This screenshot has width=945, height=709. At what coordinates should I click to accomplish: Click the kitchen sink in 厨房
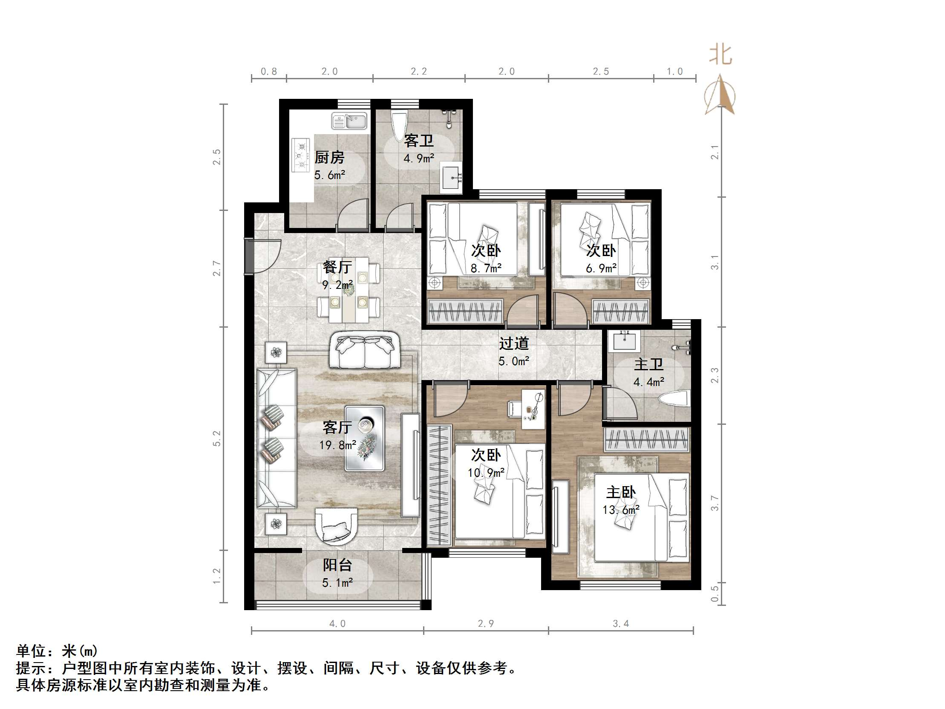click(x=349, y=121)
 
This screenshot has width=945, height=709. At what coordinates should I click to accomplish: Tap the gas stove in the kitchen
click(x=301, y=155)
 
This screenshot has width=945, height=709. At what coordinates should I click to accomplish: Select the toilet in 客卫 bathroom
click(x=399, y=124)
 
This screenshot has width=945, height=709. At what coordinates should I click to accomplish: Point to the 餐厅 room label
click(x=337, y=267)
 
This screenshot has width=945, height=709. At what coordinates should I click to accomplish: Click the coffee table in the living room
click(x=364, y=438)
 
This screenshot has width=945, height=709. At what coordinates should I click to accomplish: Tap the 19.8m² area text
click(x=337, y=445)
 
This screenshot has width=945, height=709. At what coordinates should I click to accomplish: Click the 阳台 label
click(x=337, y=565)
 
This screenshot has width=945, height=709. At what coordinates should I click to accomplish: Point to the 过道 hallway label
click(x=514, y=343)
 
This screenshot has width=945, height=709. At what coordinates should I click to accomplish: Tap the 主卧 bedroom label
click(x=621, y=492)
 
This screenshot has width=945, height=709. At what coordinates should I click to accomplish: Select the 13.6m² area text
click(x=621, y=510)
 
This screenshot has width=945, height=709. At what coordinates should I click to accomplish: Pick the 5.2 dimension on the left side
click(x=217, y=438)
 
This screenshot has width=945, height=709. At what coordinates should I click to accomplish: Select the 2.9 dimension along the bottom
click(x=486, y=623)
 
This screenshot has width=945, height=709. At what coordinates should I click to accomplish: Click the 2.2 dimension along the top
click(x=419, y=72)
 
